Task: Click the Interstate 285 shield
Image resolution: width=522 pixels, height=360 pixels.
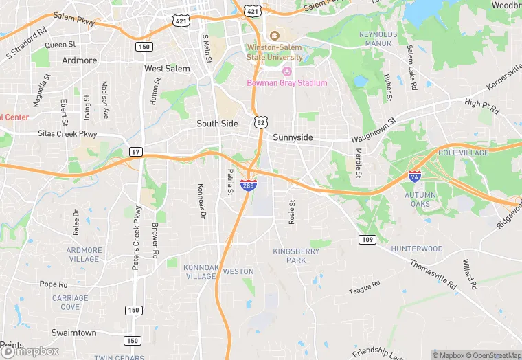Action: click(x=249, y=185)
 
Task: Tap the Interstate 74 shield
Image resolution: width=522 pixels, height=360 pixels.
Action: click(x=414, y=176)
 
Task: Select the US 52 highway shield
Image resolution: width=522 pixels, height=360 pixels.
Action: click(x=260, y=122)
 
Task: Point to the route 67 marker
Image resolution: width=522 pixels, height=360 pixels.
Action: click(x=135, y=151)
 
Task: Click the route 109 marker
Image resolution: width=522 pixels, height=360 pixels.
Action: click(x=366, y=238)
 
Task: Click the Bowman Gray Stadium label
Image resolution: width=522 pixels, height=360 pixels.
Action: click(x=287, y=83)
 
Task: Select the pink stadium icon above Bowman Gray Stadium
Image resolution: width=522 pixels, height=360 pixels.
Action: click(x=287, y=71)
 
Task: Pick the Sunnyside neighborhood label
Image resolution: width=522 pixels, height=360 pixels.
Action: click(x=293, y=137)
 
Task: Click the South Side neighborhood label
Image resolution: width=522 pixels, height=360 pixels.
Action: click(x=217, y=124)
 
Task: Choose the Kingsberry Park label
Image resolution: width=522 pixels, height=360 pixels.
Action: click(x=295, y=256)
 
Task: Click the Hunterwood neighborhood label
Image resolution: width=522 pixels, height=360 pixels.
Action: click(x=417, y=249)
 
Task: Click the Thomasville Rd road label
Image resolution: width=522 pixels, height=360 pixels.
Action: click(x=433, y=273)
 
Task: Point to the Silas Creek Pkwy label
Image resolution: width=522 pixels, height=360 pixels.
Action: click(x=67, y=134)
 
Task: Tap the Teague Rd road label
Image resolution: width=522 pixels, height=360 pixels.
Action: click(x=364, y=288)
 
